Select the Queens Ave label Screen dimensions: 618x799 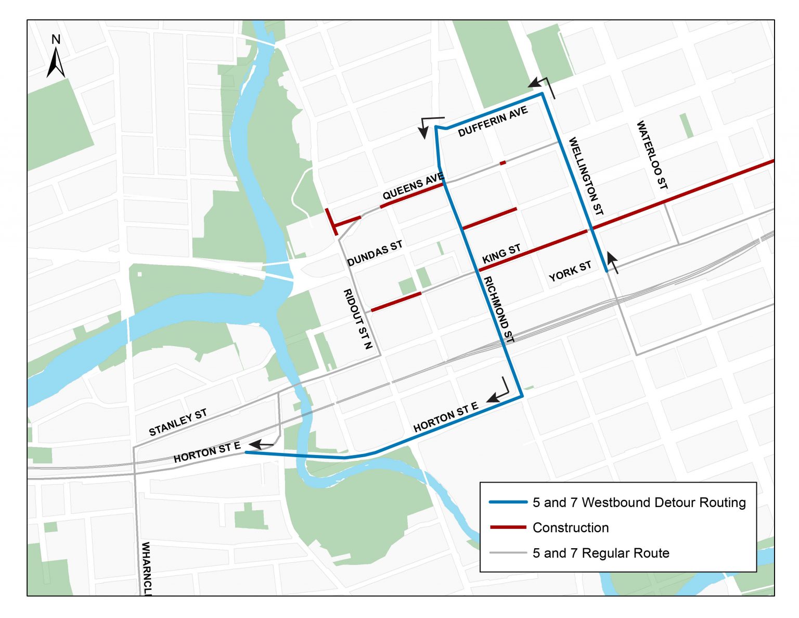413,187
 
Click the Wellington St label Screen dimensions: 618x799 586,176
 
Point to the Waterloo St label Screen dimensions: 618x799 652,155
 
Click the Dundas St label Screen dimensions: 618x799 375,253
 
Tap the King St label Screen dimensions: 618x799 501,254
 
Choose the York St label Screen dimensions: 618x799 570,271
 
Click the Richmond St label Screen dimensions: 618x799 499,310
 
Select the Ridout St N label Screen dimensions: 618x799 358,319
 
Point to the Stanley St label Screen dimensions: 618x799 178,422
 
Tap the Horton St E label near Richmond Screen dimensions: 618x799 445,417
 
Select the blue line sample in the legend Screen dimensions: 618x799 508,502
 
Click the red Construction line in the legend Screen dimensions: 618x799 508,527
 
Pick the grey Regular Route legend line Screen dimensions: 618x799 508,553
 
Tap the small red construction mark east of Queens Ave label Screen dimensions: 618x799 502,163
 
